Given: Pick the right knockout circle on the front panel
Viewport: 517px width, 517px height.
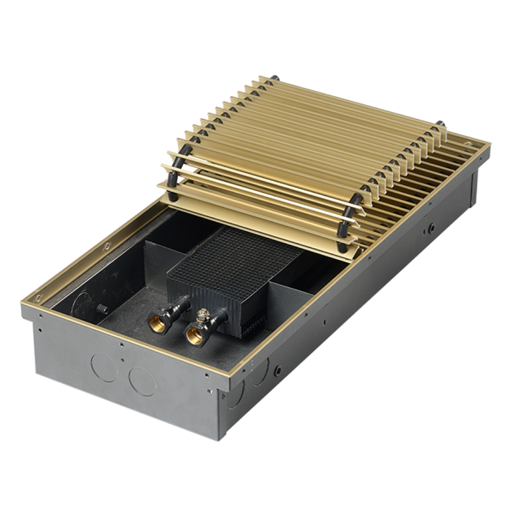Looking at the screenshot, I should pyautogui.click(x=142, y=381).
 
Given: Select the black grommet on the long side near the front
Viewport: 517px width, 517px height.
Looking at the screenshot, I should pyautogui.click(x=279, y=367).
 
